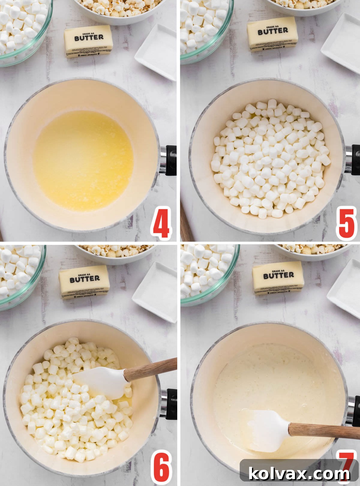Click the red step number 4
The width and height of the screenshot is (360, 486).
(x=161, y=223)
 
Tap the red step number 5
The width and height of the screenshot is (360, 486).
(x=346, y=223)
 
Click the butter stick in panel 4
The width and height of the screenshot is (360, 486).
(x=88, y=41)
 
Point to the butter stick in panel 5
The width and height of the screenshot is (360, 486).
(x=273, y=34)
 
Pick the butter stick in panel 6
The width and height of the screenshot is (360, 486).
(x=84, y=282)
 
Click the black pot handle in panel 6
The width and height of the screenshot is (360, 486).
(x=171, y=403)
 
